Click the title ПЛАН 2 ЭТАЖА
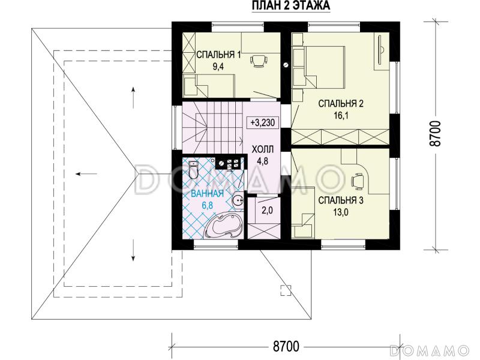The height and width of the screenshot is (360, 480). [x=291, y=5]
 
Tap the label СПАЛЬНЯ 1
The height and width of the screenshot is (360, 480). [x=218, y=55]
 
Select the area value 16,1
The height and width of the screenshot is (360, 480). [x=341, y=116]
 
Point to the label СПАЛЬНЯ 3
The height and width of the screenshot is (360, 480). [x=341, y=200]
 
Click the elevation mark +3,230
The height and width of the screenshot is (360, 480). [x=263, y=123]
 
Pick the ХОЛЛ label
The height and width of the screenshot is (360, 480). [x=262, y=149]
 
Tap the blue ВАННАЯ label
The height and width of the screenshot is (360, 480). [x=207, y=193]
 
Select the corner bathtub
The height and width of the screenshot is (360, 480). [x=224, y=226]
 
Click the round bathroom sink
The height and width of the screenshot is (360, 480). [x=238, y=200]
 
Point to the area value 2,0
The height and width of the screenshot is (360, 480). [x=267, y=211]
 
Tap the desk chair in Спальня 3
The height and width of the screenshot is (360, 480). [x=357, y=180]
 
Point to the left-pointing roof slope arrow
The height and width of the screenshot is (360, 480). [x=87, y=174]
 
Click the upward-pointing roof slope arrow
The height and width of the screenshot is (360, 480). [x=133, y=97]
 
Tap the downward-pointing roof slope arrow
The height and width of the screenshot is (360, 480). [x=133, y=250]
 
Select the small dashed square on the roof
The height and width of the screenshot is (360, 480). [x=286, y=290]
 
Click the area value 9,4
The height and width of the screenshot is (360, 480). [x=218, y=67]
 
